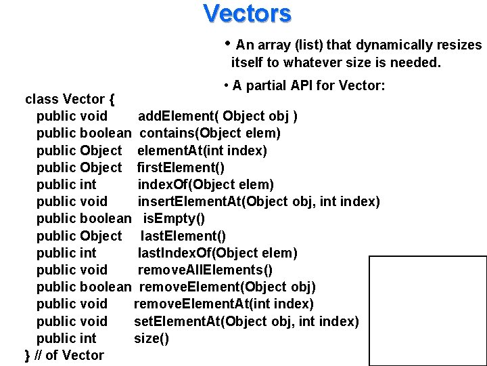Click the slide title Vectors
[247, 13]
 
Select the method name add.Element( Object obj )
[217, 116]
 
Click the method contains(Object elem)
[210, 133]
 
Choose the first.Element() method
[181, 167]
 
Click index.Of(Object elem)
[206, 184]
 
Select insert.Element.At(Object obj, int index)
[258, 201]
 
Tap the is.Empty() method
[174, 218]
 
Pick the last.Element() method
[183, 236]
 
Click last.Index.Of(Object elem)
[217, 253]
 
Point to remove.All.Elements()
[205, 270]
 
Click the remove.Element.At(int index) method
[223, 304]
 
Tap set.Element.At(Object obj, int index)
[246, 321]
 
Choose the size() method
[152, 338]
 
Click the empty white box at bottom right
[427, 310]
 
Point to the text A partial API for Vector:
[308, 85]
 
